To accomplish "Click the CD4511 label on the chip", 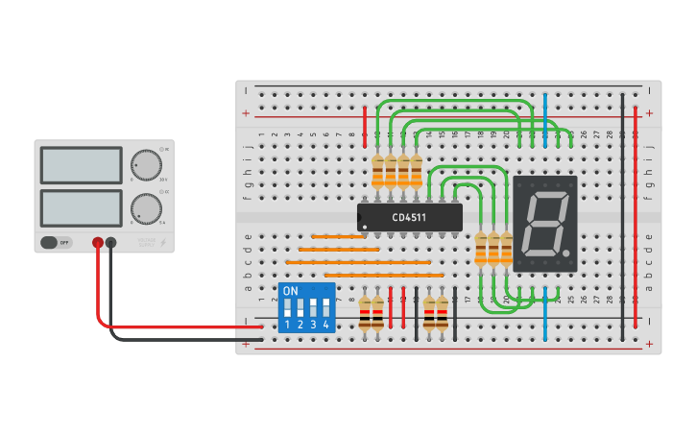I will [410, 217].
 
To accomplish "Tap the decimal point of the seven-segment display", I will [567, 255].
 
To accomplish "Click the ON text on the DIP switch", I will [291, 291].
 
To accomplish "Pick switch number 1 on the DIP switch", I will [287, 309].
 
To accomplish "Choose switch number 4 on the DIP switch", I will [326, 309].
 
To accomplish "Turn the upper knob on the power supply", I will [146, 164].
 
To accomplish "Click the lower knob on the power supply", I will [146, 208].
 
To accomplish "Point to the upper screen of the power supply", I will [81, 165].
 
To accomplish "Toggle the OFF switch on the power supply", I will [56, 243].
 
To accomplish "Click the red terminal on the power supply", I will [98, 243].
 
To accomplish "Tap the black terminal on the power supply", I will [111, 243].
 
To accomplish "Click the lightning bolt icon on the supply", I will [161, 243].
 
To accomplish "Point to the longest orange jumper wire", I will [358, 261].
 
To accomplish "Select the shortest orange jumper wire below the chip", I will [338, 236].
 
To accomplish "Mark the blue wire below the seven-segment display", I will [545, 307].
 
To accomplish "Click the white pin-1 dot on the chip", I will [365, 227].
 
